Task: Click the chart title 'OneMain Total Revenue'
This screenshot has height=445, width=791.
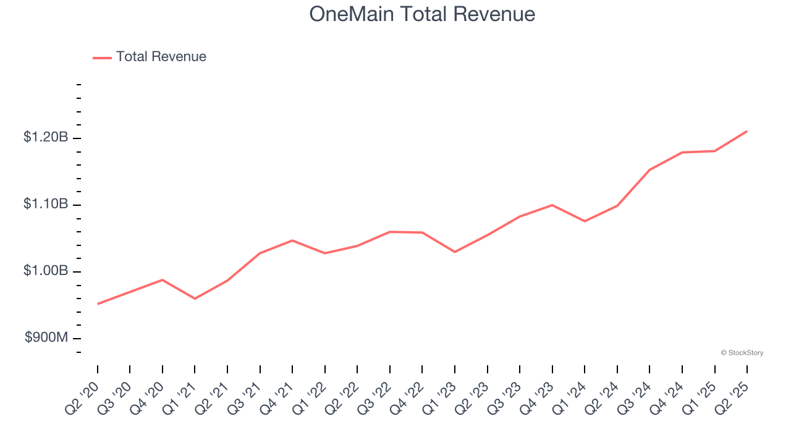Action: tap(422, 14)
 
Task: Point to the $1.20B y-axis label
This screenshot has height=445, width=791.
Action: tap(46, 137)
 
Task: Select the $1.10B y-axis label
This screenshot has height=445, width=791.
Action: tap(46, 205)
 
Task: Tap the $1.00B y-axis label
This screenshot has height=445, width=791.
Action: tap(46, 271)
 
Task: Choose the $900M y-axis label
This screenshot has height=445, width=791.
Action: tap(46, 338)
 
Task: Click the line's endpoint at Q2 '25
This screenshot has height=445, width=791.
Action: tap(747, 131)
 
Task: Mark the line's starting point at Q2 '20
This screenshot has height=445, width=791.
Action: tap(98, 304)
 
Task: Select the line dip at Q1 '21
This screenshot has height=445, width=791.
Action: tap(195, 299)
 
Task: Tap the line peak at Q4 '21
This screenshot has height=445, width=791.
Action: tap(292, 240)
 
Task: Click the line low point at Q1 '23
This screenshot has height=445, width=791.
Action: tap(455, 252)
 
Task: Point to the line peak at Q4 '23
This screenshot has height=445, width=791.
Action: tap(552, 205)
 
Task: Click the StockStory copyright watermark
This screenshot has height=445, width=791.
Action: tap(742, 353)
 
